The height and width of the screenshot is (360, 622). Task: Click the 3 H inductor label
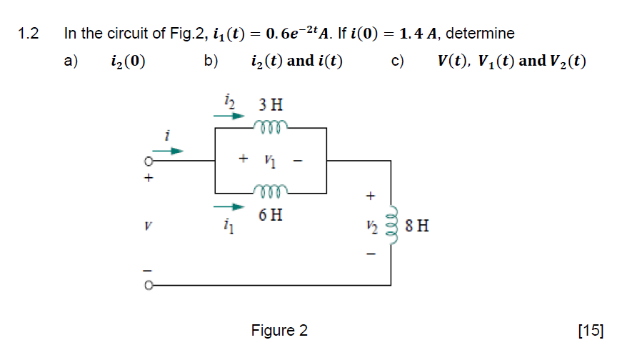271,105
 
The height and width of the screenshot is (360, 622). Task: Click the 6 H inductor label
271,214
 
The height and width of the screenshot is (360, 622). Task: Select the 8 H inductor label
416,227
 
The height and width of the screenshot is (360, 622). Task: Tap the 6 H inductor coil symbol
271,191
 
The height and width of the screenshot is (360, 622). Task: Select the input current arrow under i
171,151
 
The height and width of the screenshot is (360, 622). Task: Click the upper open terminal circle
149,161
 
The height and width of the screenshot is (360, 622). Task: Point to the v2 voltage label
370,226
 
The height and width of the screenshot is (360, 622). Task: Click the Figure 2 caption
279,331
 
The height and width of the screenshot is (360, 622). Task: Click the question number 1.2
28,34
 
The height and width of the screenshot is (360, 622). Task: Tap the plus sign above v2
370,194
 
